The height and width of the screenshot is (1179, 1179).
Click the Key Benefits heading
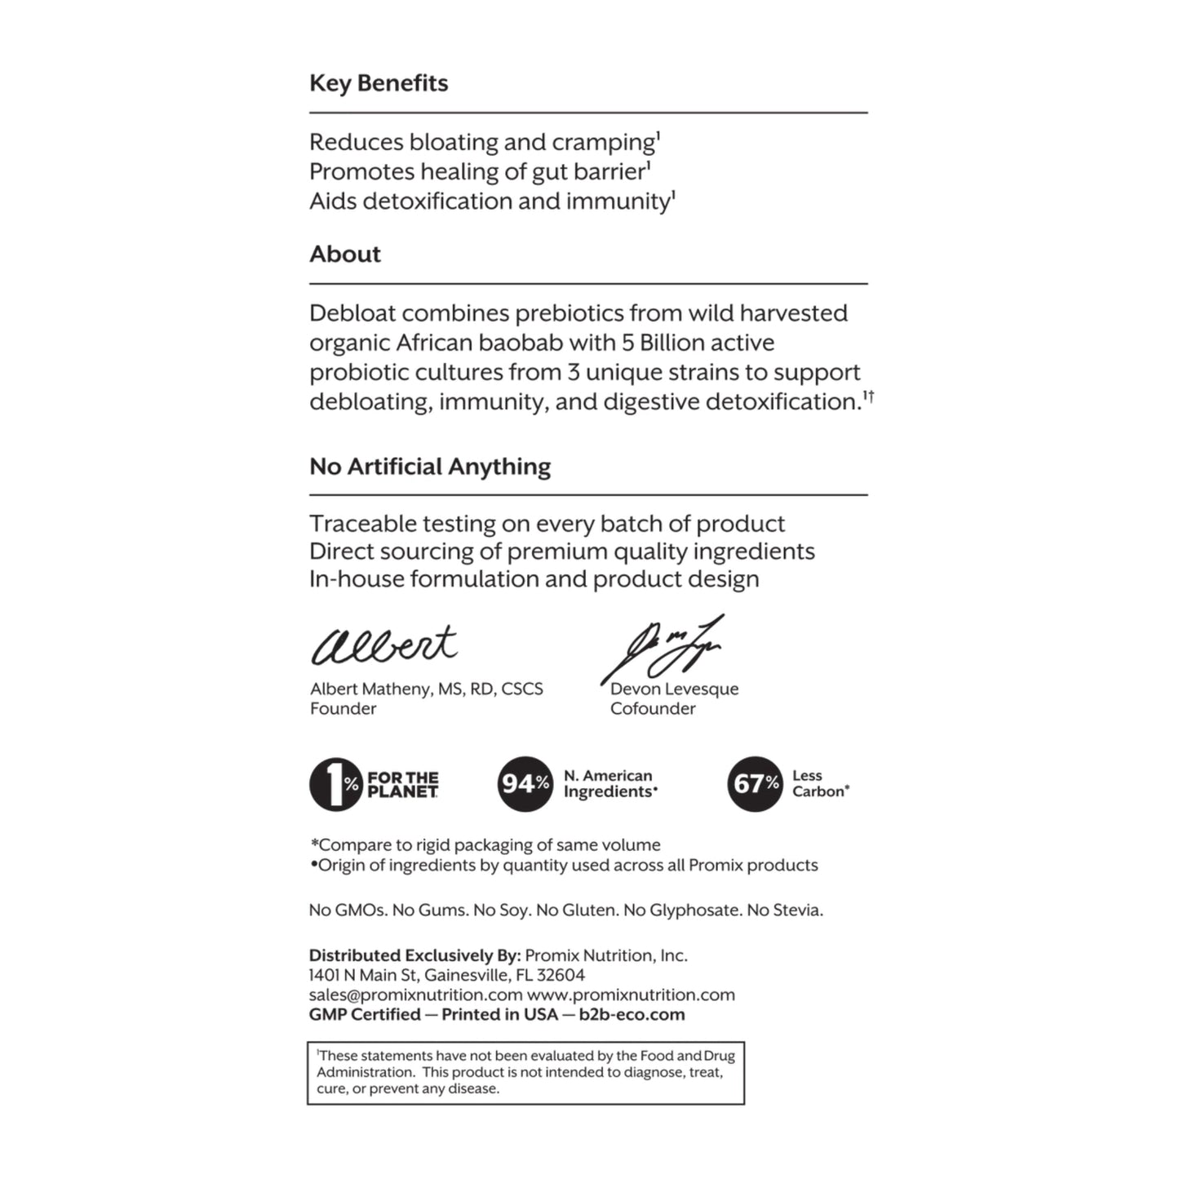point(379,83)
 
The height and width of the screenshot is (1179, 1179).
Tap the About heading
point(345,255)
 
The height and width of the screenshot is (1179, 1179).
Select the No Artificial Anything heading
point(430,467)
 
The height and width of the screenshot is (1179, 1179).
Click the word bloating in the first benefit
point(454,143)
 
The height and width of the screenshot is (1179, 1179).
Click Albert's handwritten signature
point(383,645)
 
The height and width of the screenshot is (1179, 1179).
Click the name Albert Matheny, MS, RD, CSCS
point(426,689)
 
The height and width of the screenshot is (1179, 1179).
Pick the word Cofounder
point(653,709)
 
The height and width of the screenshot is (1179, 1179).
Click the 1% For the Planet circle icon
point(335,784)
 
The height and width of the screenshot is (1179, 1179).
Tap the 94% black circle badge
point(525,784)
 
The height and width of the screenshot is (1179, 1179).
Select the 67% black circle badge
point(755,784)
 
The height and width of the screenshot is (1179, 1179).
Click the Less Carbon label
point(819,783)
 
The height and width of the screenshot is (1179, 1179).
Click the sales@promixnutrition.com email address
point(415,995)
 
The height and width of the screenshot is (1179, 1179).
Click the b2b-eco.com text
point(632,1015)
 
